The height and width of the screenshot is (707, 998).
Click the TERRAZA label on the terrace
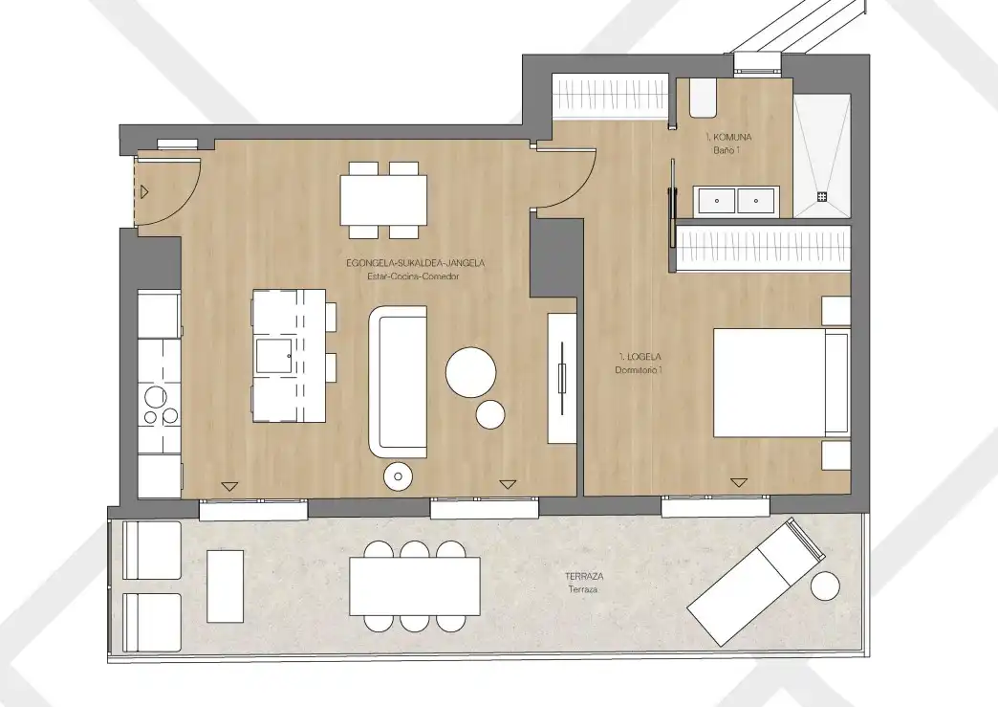(x=584, y=577)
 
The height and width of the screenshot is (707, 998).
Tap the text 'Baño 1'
(x=727, y=150)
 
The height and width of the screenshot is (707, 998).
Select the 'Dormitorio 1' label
(x=639, y=370)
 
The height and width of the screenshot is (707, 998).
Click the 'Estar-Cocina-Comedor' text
(x=413, y=276)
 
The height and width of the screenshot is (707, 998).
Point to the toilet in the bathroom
(x=704, y=98)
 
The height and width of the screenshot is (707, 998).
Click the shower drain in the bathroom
(x=822, y=197)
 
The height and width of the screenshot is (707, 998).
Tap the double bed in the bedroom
(x=782, y=382)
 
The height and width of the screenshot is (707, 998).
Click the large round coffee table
(x=471, y=372)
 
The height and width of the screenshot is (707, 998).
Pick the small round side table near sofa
(x=490, y=414)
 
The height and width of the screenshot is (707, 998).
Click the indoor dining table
(x=383, y=200)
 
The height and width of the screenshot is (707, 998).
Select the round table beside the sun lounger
(x=826, y=586)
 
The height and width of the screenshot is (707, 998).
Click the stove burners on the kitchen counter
(x=160, y=406)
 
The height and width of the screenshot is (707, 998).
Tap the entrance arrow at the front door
(x=145, y=191)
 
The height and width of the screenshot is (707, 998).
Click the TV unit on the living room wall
(x=562, y=378)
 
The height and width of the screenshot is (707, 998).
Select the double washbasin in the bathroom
(x=736, y=201)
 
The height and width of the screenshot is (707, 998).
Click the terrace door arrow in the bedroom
(x=738, y=483)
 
